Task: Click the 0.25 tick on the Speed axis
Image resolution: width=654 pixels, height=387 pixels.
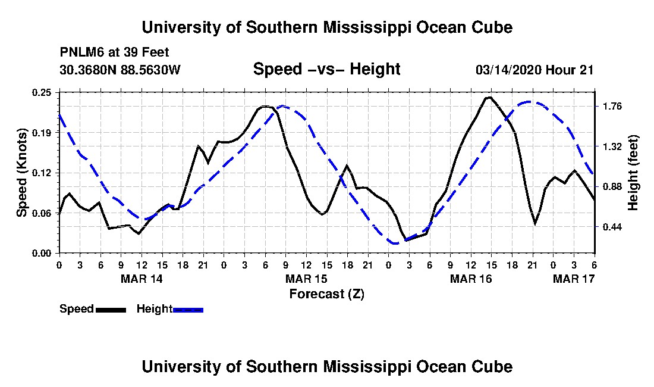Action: click(42, 92)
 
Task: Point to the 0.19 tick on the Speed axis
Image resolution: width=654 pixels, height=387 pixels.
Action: click(42, 133)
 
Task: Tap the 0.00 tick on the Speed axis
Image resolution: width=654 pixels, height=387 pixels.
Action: click(42, 254)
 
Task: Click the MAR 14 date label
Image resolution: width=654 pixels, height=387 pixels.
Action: click(142, 279)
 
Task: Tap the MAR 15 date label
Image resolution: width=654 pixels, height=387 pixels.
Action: click(307, 279)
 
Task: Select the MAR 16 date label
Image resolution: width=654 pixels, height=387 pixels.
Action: click(471, 279)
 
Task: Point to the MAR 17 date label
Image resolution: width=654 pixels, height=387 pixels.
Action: click(574, 279)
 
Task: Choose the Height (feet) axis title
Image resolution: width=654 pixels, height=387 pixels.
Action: click(633, 173)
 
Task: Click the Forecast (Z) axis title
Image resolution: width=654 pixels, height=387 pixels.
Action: click(327, 294)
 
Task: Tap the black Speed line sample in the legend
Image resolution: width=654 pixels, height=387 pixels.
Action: click(111, 310)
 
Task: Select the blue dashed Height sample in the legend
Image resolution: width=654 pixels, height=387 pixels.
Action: click(188, 310)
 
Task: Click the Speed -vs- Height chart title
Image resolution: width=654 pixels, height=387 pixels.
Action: click(327, 69)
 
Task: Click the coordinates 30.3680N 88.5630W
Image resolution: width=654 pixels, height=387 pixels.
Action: click(120, 70)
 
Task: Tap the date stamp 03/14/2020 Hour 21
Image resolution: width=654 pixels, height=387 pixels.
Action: click(534, 70)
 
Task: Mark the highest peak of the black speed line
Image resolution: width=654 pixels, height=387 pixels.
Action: click(489, 97)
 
